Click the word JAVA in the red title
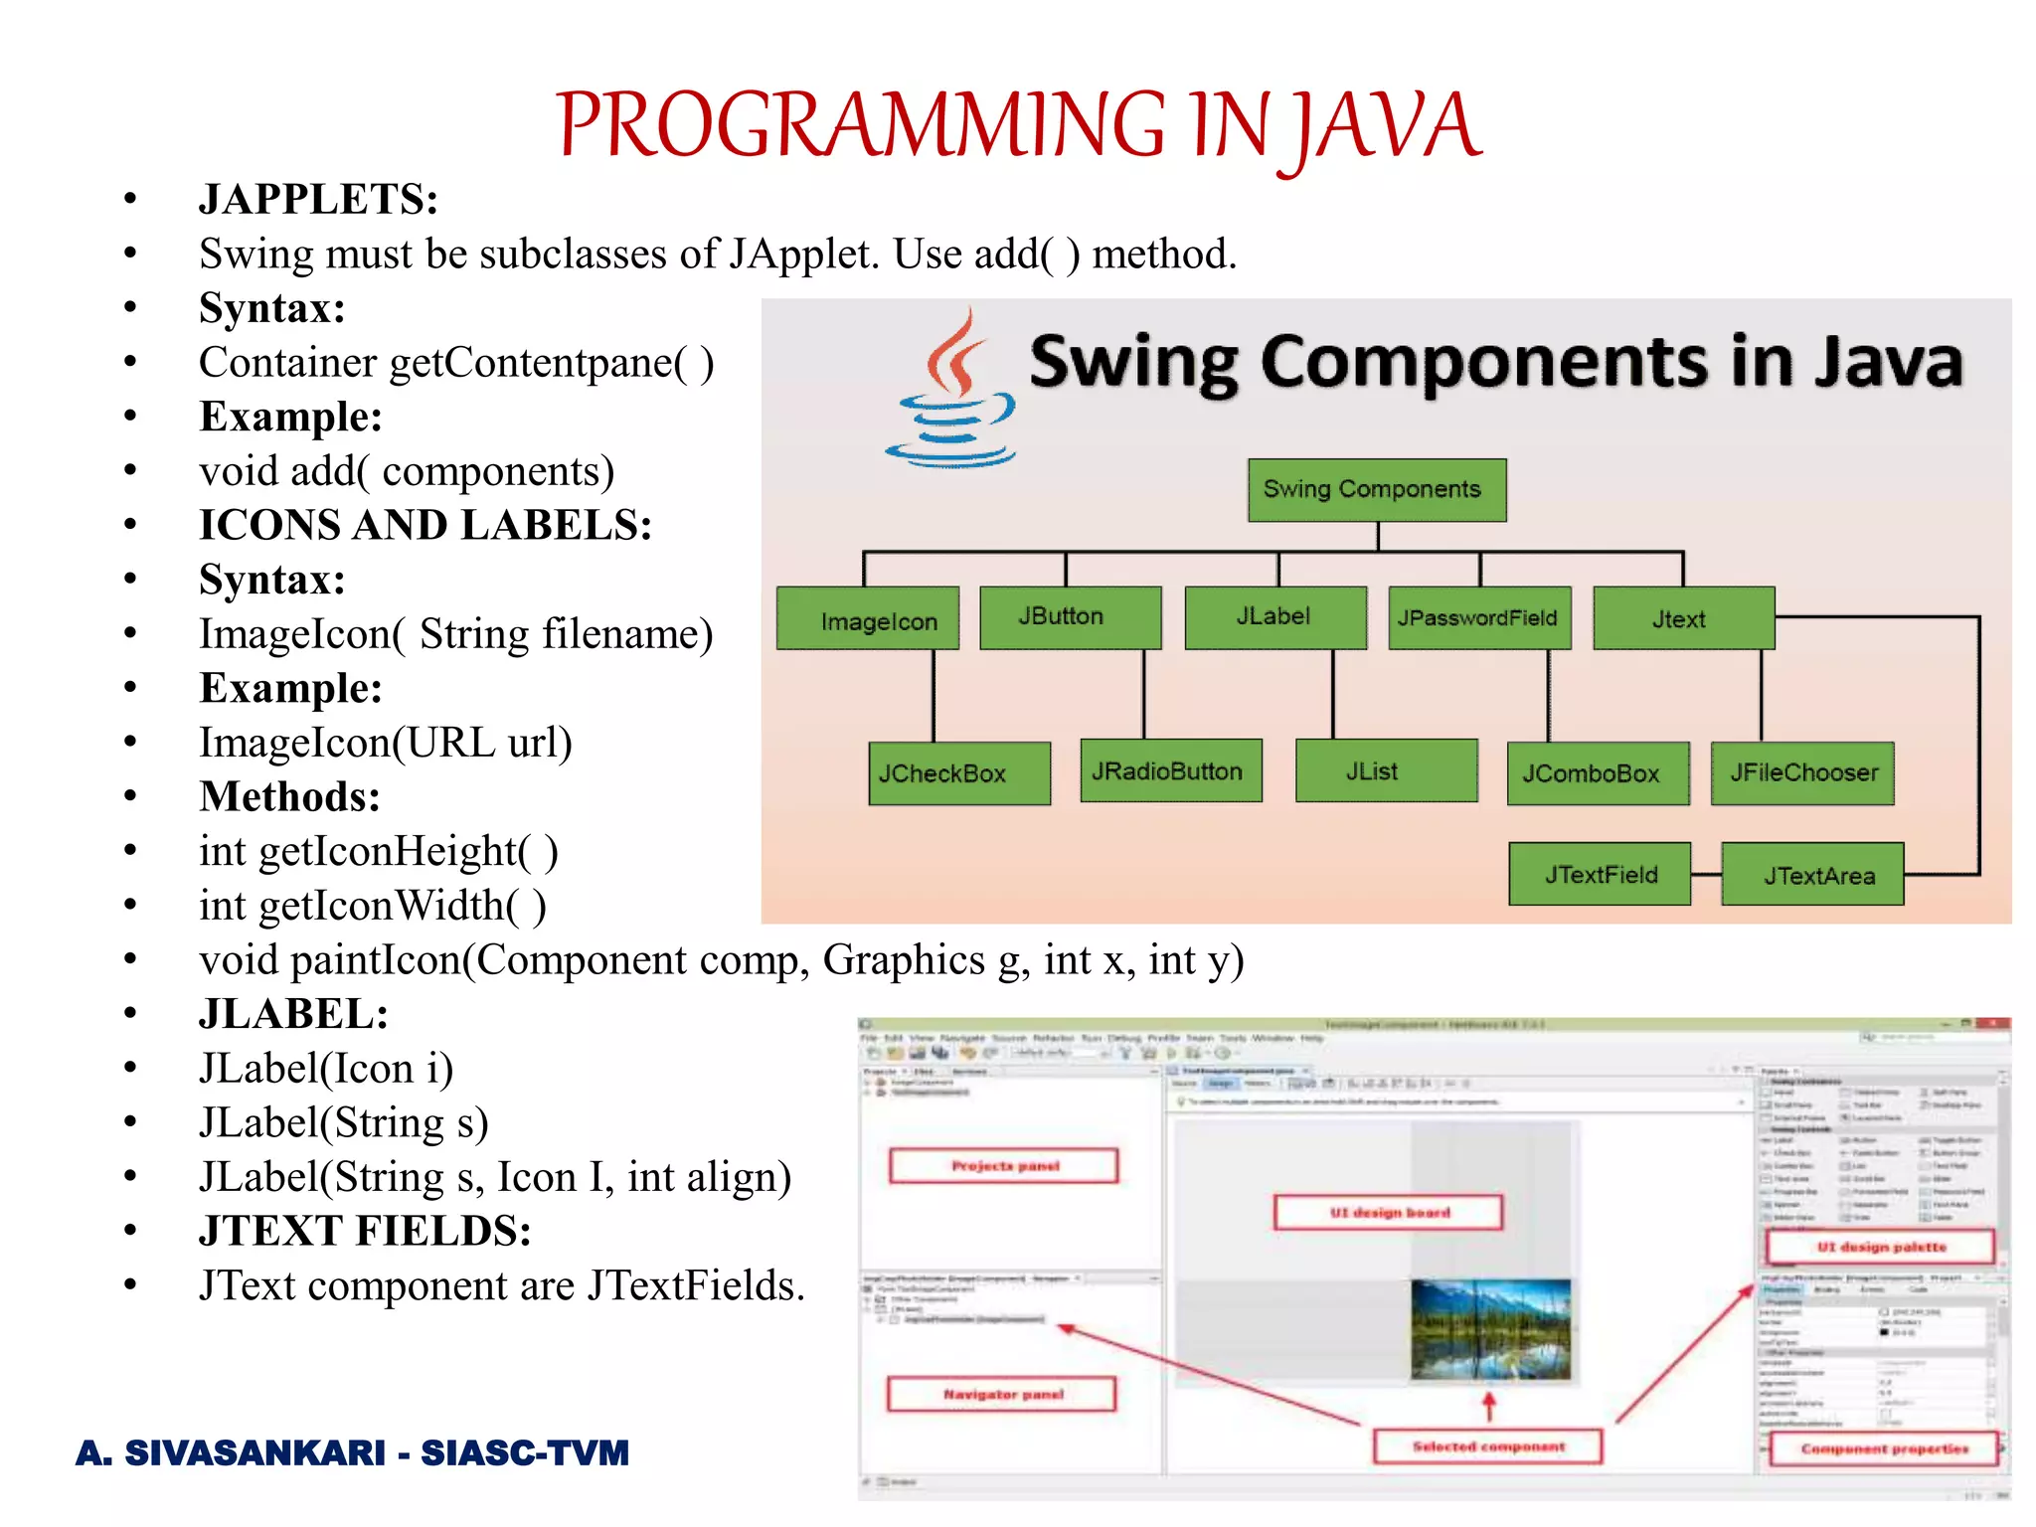(1387, 126)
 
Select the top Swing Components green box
(1377, 489)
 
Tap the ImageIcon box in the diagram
(868, 618)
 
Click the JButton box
(1070, 617)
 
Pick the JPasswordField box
(1478, 618)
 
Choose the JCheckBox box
(958, 772)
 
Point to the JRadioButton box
(1170, 770)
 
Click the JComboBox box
(1597, 772)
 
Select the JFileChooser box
(1801, 772)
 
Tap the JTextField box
(1599, 874)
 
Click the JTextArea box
(1811, 875)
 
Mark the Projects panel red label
(1004, 1165)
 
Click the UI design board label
(1388, 1212)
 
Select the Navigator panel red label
(1001, 1394)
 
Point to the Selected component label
(1487, 1446)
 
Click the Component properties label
(1883, 1448)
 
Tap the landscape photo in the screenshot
(1490, 1329)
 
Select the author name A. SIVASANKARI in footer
(231, 1452)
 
